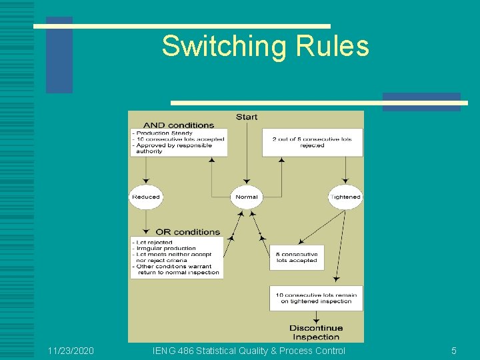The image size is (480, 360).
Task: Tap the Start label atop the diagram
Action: click(x=246, y=117)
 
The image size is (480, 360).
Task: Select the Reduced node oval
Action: click(x=146, y=197)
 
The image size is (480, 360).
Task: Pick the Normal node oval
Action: click(x=246, y=197)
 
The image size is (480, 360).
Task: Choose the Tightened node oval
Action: click(x=345, y=197)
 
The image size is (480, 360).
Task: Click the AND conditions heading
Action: click(x=179, y=125)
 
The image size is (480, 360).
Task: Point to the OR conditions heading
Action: click(x=187, y=232)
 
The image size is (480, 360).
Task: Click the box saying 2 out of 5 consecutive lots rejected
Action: click(x=312, y=143)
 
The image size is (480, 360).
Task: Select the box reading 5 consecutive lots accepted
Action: click(x=297, y=257)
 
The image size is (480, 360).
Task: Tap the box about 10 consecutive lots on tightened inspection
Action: click(x=316, y=299)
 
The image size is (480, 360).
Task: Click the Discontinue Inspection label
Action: click(x=316, y=332)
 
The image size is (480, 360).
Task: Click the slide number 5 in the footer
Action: click(x=454, y=351)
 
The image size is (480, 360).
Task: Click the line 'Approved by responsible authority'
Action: click(x=173, y=148)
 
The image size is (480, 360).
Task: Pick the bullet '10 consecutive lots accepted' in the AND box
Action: click(x=179, y=139)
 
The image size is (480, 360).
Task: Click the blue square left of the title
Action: click(x=59, y=55)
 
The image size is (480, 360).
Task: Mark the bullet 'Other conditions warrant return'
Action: click(x=175, y=269)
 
